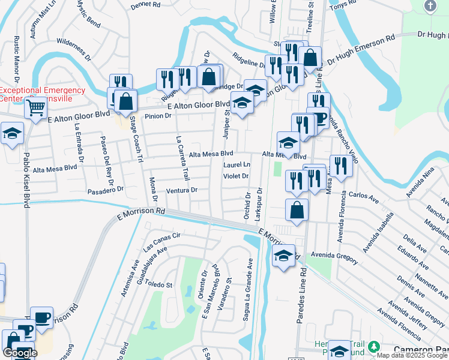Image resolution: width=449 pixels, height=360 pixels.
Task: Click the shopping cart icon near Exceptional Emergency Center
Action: click(x=36, y=109)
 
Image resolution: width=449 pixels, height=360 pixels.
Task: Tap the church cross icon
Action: click(x=430, y=5)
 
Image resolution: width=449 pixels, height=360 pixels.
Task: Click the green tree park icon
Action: click(x=374, y=347)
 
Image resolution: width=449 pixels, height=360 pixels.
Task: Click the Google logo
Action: click(x=20, y=353)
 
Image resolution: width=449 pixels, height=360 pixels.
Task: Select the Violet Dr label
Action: click(x=236, y=176)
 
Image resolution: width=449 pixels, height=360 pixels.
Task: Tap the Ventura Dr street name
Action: click(x=182, y=190)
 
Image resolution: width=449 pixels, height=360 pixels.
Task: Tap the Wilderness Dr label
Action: click(x=74, y=53)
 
